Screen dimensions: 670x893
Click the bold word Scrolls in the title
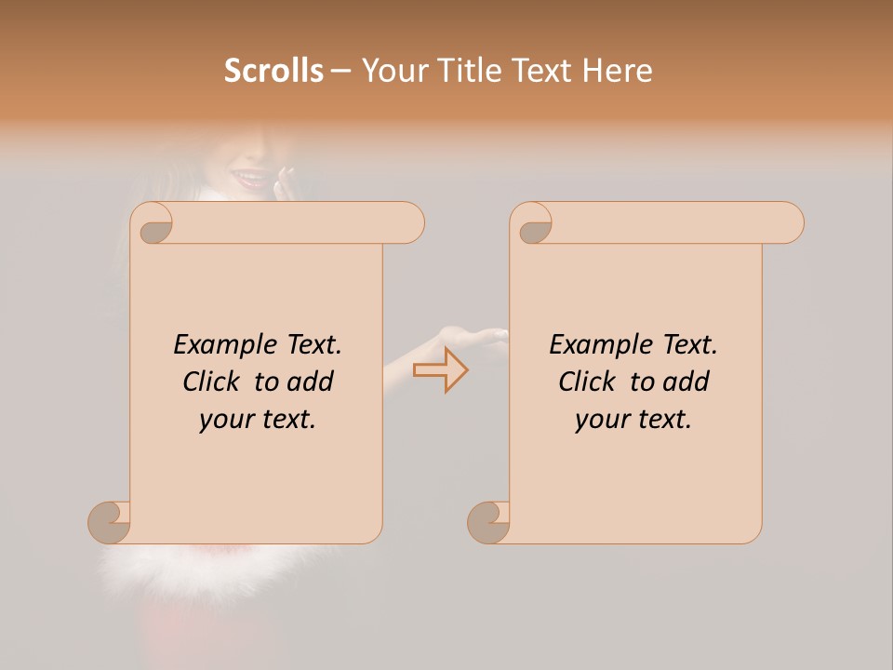tap(273, 71)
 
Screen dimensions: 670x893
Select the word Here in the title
tap(618, 71)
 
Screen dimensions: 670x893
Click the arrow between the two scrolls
tap(441, 369)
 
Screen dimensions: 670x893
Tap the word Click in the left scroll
tap(213, 382)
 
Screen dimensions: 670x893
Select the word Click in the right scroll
tap(588, 382)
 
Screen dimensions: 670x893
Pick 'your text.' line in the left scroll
tap(258, 420)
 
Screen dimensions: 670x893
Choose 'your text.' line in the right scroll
tap(633, 420)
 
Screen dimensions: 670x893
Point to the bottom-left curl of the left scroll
tap(110, 522)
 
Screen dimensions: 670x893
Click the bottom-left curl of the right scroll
tap(488, 522)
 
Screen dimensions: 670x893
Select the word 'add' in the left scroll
tap(311, 382)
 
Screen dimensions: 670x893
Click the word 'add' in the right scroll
tap(686, 382)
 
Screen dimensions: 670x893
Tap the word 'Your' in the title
tap(392, 71)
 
